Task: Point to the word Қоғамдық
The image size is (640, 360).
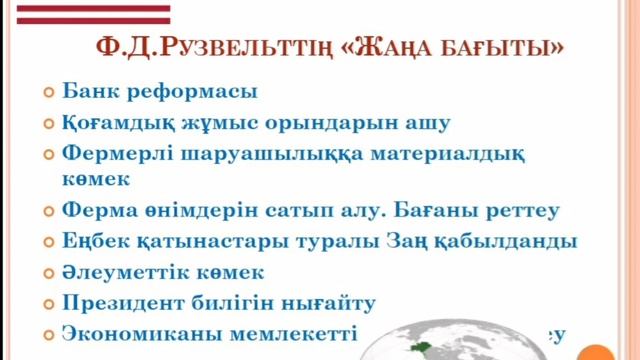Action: pyautogui.click(x=121, y=124)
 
